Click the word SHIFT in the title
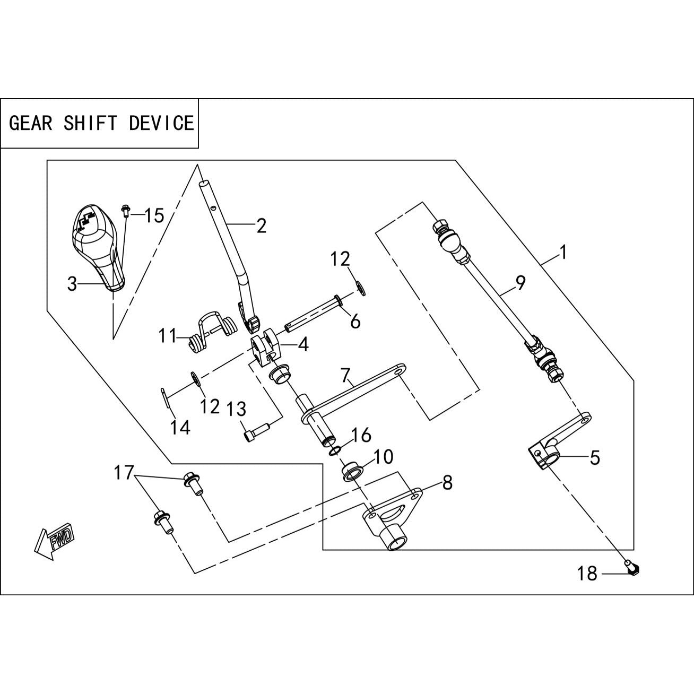(x=90, y=123)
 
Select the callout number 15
(x=154, y=216)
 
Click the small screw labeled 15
(x=126, y=211)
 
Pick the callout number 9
(x=520, y=283)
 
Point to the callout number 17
(x=124, y=473)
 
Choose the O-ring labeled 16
(x=335, y=450)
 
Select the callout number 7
(x=345, y=377)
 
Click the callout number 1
(x=563, y=253)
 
